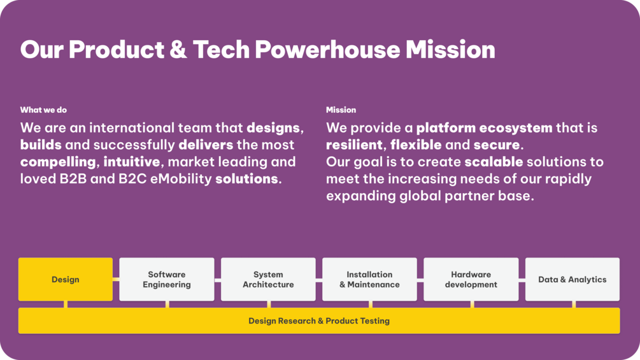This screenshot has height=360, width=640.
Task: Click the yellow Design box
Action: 66,279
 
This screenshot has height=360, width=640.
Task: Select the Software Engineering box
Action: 167,279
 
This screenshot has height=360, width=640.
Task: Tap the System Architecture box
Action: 268,279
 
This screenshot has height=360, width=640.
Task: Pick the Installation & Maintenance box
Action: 369,279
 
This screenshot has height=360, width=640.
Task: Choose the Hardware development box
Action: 471,279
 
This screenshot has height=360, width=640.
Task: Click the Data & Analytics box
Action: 572,279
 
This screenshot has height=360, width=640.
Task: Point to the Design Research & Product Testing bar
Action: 319,321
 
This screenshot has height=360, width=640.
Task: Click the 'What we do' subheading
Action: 43,110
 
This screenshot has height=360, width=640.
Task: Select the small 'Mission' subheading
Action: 341,110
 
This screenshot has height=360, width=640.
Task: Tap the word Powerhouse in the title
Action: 328,50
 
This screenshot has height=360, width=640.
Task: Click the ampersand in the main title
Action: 178,50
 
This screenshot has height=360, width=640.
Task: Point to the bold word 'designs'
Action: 273,128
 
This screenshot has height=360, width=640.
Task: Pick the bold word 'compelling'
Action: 58,162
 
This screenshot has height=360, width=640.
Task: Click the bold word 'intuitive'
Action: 131,162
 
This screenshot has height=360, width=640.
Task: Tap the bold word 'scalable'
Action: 494,162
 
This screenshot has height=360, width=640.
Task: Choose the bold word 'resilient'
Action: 354,145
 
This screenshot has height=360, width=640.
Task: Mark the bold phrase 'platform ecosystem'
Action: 485,128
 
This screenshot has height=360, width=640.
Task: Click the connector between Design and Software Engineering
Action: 116,280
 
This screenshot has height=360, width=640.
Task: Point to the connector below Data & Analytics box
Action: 574,305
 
